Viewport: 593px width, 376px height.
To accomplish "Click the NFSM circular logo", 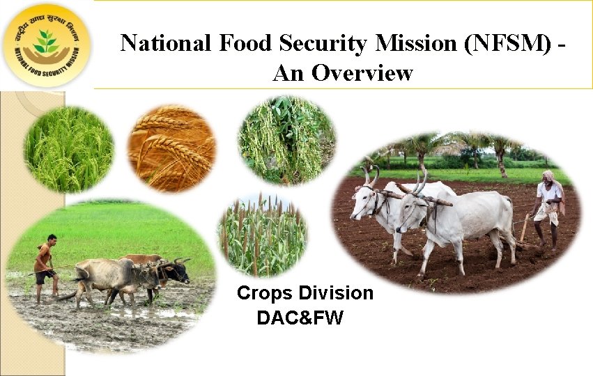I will click(47, 45).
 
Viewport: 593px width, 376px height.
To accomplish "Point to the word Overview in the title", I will click(362, 72).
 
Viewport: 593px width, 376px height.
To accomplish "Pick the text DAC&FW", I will click(300, 318).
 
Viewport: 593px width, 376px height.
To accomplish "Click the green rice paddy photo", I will click(68, 148).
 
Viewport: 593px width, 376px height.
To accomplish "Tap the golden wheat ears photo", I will click(171, 148).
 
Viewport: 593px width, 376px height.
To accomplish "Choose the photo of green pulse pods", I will click(286, 141).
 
